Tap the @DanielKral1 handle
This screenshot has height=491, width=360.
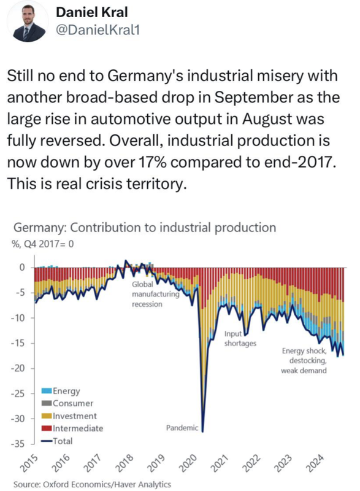pos(98,30)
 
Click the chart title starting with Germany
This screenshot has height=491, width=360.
pos(145,228)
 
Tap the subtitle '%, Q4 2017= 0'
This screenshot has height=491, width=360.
pos(43,244)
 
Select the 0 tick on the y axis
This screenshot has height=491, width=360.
pos(22,267)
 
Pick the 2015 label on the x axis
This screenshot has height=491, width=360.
pos(31,463)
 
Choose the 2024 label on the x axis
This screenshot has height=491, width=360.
pos(315,463)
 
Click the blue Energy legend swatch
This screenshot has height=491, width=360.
pos(47,390)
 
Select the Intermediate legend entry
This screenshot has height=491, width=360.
pos(72,428)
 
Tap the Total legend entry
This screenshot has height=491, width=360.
pos(57,441)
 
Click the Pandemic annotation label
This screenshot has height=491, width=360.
pos(182,428)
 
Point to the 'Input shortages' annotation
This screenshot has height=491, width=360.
pos(240,339)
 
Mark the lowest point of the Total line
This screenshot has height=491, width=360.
pos(202,432)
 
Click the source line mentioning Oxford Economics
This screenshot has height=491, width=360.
pos(92,484)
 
